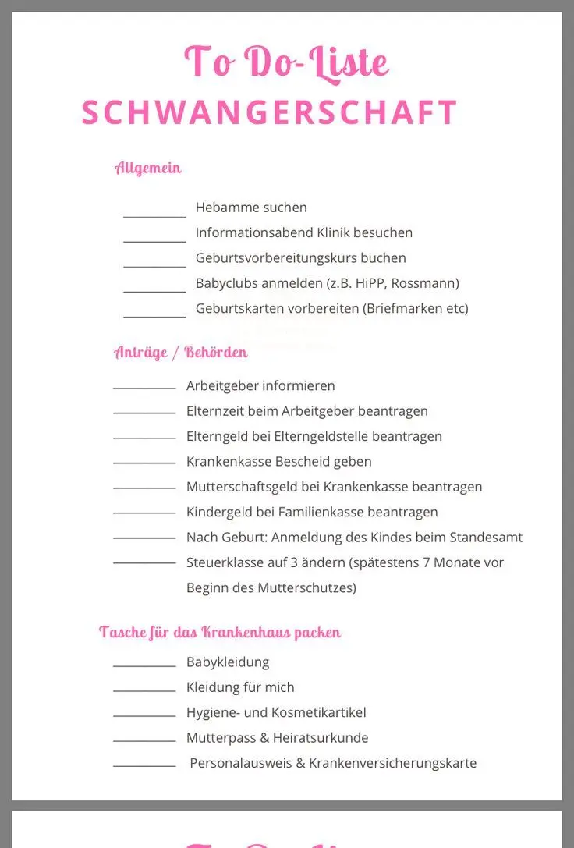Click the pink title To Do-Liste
pyautogui.click(x=286, y=62)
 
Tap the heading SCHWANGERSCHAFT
pyautogui.click(x=269, y=112)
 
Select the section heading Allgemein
pyautogui.click(x=148, y=168)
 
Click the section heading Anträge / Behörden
pyautogui.click(x=181, y=352)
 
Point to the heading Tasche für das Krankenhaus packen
pyautogui.click(x=220, y=632)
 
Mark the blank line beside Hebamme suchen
pyautogui.click(x=154, y=216)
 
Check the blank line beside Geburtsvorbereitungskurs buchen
pyautogui.click(x=154, y=266)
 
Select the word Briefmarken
pyautogui.click(x=404, y=308)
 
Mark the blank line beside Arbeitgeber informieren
pyautogui.click(x=144, y=387)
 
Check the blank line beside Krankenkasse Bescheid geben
pyautogui.click(x=144, y=463)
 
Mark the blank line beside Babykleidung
pyautogui.click(x=144, y=665)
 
